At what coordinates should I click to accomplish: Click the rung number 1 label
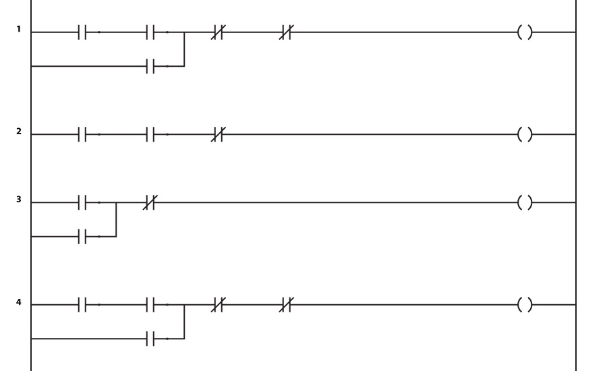(19, 29)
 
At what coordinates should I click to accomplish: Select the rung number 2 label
(19, 132)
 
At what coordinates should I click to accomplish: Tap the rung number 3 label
(19, 200)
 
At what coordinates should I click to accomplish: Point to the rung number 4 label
(19, 302)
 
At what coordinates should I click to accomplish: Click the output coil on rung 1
(525, 32)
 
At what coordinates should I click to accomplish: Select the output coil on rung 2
(525, 134)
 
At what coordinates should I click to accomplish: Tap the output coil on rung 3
(525, 202)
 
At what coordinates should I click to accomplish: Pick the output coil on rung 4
(525, 305)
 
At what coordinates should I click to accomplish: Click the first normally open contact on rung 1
(82, 32)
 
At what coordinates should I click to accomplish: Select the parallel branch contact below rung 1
(150, 66)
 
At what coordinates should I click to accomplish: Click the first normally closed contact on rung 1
(218, 32)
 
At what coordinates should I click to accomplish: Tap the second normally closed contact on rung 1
(286, 32)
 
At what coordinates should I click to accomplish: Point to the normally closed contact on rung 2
(218, 134)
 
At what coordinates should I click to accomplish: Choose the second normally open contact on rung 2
(150, 134)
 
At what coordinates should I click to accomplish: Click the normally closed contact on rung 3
(150, 202)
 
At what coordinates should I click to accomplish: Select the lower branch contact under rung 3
(82, 236)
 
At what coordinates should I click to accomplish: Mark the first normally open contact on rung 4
(82, 305)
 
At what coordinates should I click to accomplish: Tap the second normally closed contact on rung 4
(286, 305)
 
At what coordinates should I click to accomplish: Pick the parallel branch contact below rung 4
(150, 339)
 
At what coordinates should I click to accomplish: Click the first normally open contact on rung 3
(82, 202)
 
